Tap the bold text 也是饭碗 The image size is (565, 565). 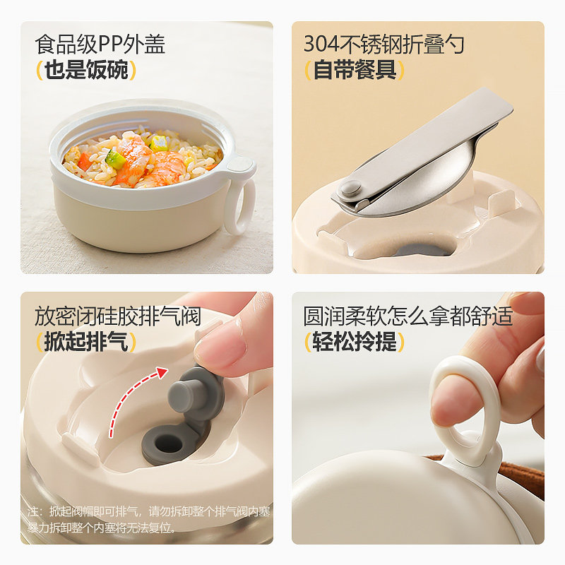point(85,71)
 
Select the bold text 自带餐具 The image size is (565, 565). point(355,71)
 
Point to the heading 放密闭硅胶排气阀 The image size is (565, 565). point(118,316)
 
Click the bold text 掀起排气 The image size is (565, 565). point(85,343)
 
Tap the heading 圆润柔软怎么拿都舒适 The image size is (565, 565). point(408,316)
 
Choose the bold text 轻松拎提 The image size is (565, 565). point(355,343)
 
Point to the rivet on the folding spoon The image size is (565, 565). point(348,189)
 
